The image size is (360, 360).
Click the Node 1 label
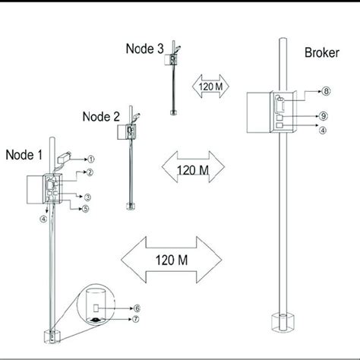click(x=24, y=155)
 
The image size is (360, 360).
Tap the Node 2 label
click(x=101, y=117)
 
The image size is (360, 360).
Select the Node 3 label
click(x=145, y=49)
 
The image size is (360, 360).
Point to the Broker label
click(x=322, y=52)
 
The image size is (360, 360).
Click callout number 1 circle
click(x=91, y=159)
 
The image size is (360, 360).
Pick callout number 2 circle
click(x=90, y=172)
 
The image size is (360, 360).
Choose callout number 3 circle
click(x=87, y=197)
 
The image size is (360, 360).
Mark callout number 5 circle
click(x=86, y=209)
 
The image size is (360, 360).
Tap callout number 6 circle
click(x=137, y=308)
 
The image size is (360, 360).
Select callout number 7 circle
click(x=136, y=319)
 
